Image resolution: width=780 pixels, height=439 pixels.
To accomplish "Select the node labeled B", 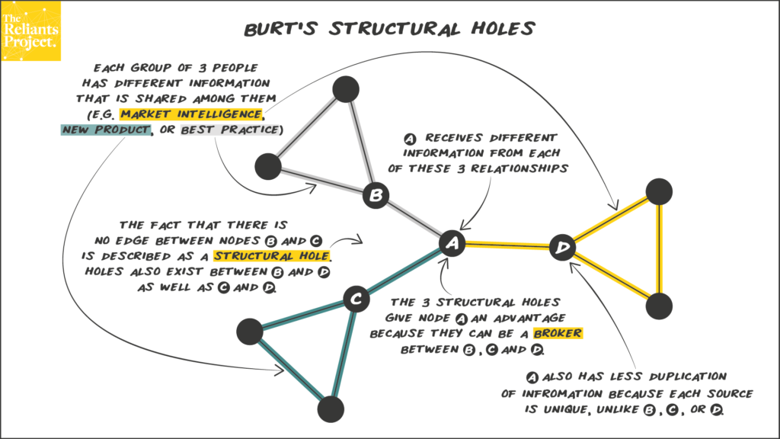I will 375,196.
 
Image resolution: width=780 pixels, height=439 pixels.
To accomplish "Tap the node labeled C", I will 355,300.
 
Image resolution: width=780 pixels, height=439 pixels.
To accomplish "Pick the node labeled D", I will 563,247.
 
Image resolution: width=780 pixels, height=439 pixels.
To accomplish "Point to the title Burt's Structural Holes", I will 389,29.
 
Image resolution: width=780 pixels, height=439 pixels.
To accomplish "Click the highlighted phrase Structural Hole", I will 275,255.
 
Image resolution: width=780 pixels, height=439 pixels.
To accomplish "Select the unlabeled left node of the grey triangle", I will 268,165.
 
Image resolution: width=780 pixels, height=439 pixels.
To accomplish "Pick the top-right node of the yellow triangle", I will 660,191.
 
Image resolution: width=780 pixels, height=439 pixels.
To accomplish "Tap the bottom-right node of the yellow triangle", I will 660,306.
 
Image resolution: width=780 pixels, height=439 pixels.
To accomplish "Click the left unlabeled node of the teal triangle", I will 250,332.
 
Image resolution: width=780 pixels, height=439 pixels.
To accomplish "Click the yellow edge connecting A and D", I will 507,245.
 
